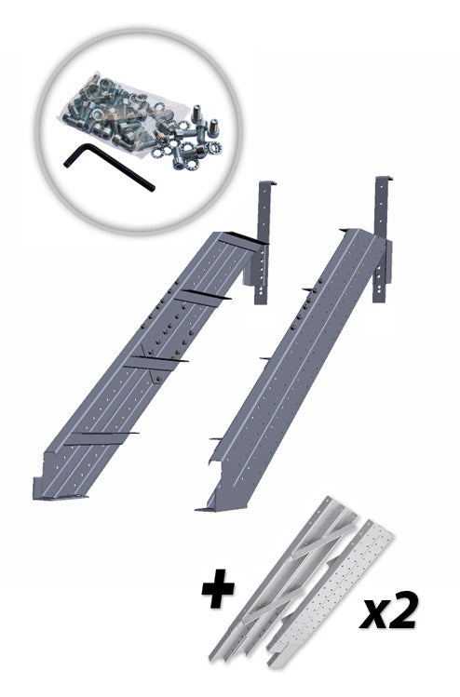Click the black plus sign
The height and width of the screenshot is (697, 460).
tap(218, 588)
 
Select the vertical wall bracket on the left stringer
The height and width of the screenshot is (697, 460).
tap(263, 242)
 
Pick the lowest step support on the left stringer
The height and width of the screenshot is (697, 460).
tap(101, 438)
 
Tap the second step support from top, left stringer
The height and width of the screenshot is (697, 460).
tap(202, 297)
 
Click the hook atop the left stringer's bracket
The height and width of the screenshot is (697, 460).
tap(268, 182)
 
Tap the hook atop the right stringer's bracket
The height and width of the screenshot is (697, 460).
tap(385, 178)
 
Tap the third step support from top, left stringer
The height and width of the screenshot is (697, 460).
tap(156, 362)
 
